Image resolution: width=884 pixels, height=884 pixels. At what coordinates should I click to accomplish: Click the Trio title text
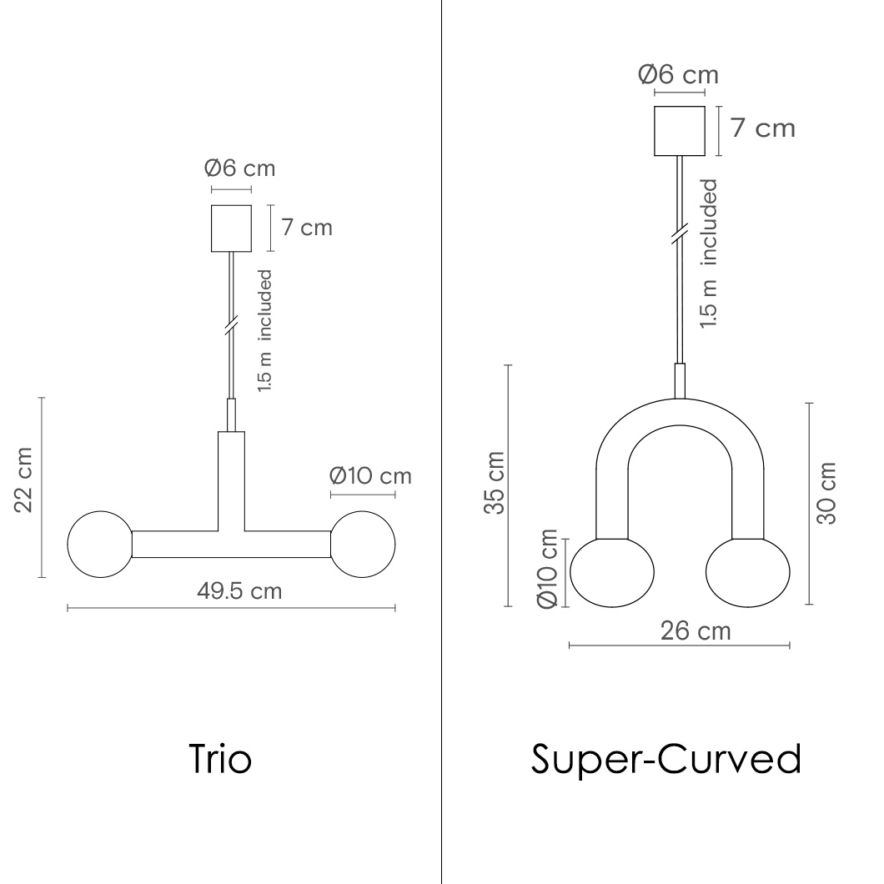click(220, 759)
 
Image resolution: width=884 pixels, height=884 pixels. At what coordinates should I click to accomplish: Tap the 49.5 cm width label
click(239, 591)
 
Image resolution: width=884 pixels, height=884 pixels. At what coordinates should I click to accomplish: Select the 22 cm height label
click(23, 480)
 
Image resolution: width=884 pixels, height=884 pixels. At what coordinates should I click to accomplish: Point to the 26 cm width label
click(696, 630)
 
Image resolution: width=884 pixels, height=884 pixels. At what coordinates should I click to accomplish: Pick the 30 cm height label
click(826, 494)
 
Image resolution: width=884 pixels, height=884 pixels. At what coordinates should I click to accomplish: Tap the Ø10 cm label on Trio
click(370, 476)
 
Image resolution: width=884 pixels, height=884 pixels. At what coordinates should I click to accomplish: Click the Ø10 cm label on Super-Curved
click(547, 569)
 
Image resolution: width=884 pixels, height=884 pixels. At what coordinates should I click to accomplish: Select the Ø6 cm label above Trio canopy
click(239, 168)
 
